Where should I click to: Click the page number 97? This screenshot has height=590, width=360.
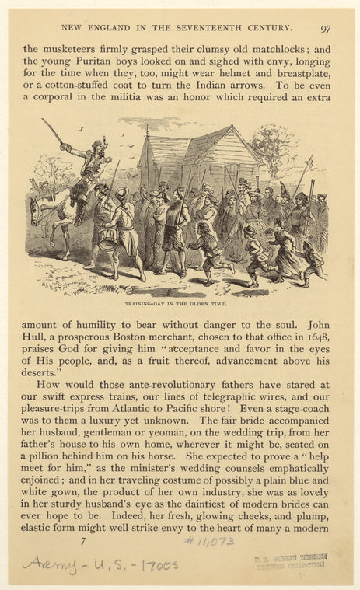click(325, 28)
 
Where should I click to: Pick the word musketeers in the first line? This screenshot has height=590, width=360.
click(71, 48)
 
